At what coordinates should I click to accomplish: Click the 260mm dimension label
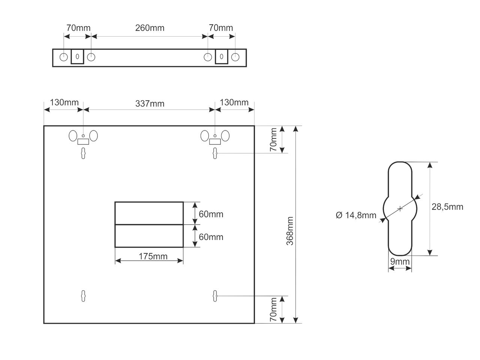click(x=150, y=28)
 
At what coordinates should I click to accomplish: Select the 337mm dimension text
click(x=150, y=103)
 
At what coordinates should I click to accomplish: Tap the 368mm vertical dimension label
click(x=290, y=231)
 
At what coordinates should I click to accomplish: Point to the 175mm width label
click(x=153, y=256)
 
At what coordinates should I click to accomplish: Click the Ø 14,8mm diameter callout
click(x=356, y=215)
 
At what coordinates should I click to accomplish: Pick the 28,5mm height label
click(x=447, y=207)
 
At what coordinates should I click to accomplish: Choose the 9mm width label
click(x=400, y=261)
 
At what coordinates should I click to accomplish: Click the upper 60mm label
click(x=211, y=214)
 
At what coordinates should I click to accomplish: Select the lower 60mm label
click(x=211, y=237)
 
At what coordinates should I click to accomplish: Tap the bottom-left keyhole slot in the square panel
click(x=83, y=296)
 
